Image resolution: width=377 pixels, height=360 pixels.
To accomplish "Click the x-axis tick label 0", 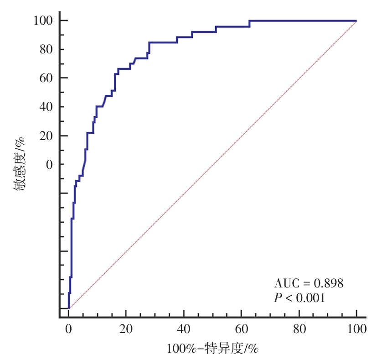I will point(68,328).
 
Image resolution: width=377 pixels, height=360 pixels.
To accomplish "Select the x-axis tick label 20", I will point(126,328).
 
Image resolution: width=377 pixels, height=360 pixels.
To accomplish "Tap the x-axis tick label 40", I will point(183,328).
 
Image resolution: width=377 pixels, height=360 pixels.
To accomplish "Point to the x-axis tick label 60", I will point(241,328).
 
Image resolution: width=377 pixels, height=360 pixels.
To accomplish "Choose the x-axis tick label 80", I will point(299,328).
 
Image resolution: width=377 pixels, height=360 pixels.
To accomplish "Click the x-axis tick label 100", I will point(356,328).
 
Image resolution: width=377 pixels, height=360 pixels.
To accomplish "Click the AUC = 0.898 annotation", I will point(308,283).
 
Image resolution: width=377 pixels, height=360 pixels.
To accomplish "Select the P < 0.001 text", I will point(299,298).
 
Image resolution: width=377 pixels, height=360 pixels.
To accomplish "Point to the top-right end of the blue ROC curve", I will point(356,21).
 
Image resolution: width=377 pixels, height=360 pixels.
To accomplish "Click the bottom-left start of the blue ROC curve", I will point(68,308).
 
